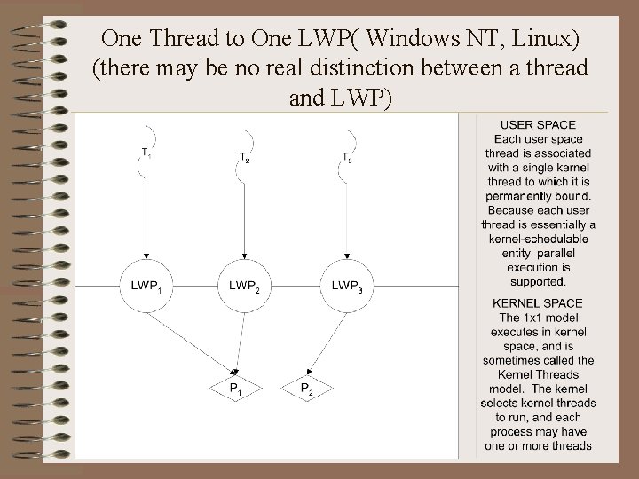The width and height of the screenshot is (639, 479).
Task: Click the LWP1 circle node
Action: (x=146, y=286)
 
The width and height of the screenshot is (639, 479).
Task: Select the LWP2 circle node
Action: (x=244, y=286)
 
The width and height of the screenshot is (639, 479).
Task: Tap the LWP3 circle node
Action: (x=346, y=286)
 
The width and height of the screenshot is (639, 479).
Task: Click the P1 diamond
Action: (x=235, y=389)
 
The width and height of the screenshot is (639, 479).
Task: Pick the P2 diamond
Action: (x=305, y=389)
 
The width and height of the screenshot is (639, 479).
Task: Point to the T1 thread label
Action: (x=146, y=153)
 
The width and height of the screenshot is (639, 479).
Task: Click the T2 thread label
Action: (x=244, y=158)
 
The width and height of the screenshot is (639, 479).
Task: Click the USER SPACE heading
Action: (x=538, y=125)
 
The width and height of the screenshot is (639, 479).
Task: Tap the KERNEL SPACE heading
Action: (x=538, y=303)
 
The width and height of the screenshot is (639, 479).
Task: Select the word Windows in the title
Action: (x=410, y=39)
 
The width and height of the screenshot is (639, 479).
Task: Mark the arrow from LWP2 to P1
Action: (x=240, y=342)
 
